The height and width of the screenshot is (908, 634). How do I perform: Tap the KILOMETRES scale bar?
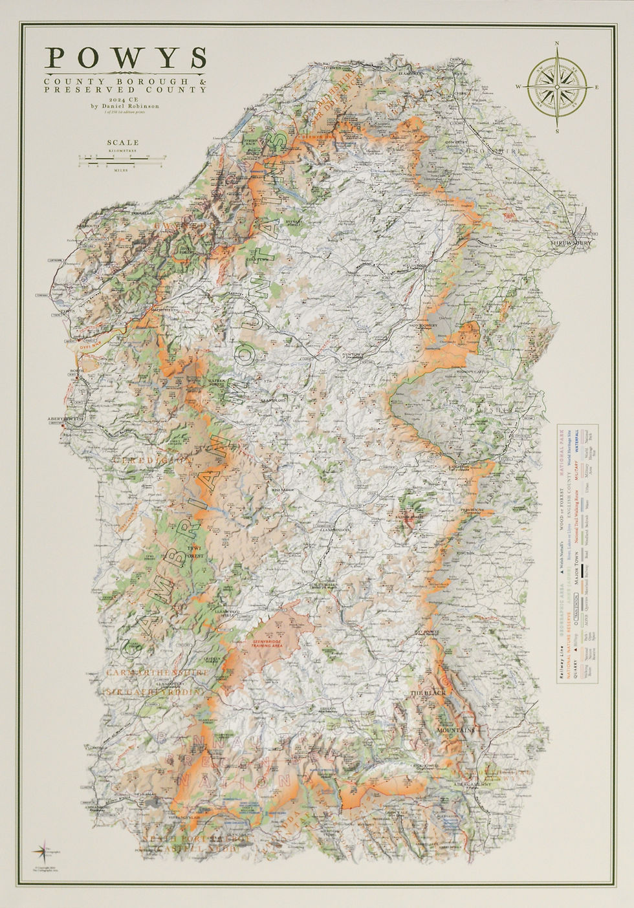122,156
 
